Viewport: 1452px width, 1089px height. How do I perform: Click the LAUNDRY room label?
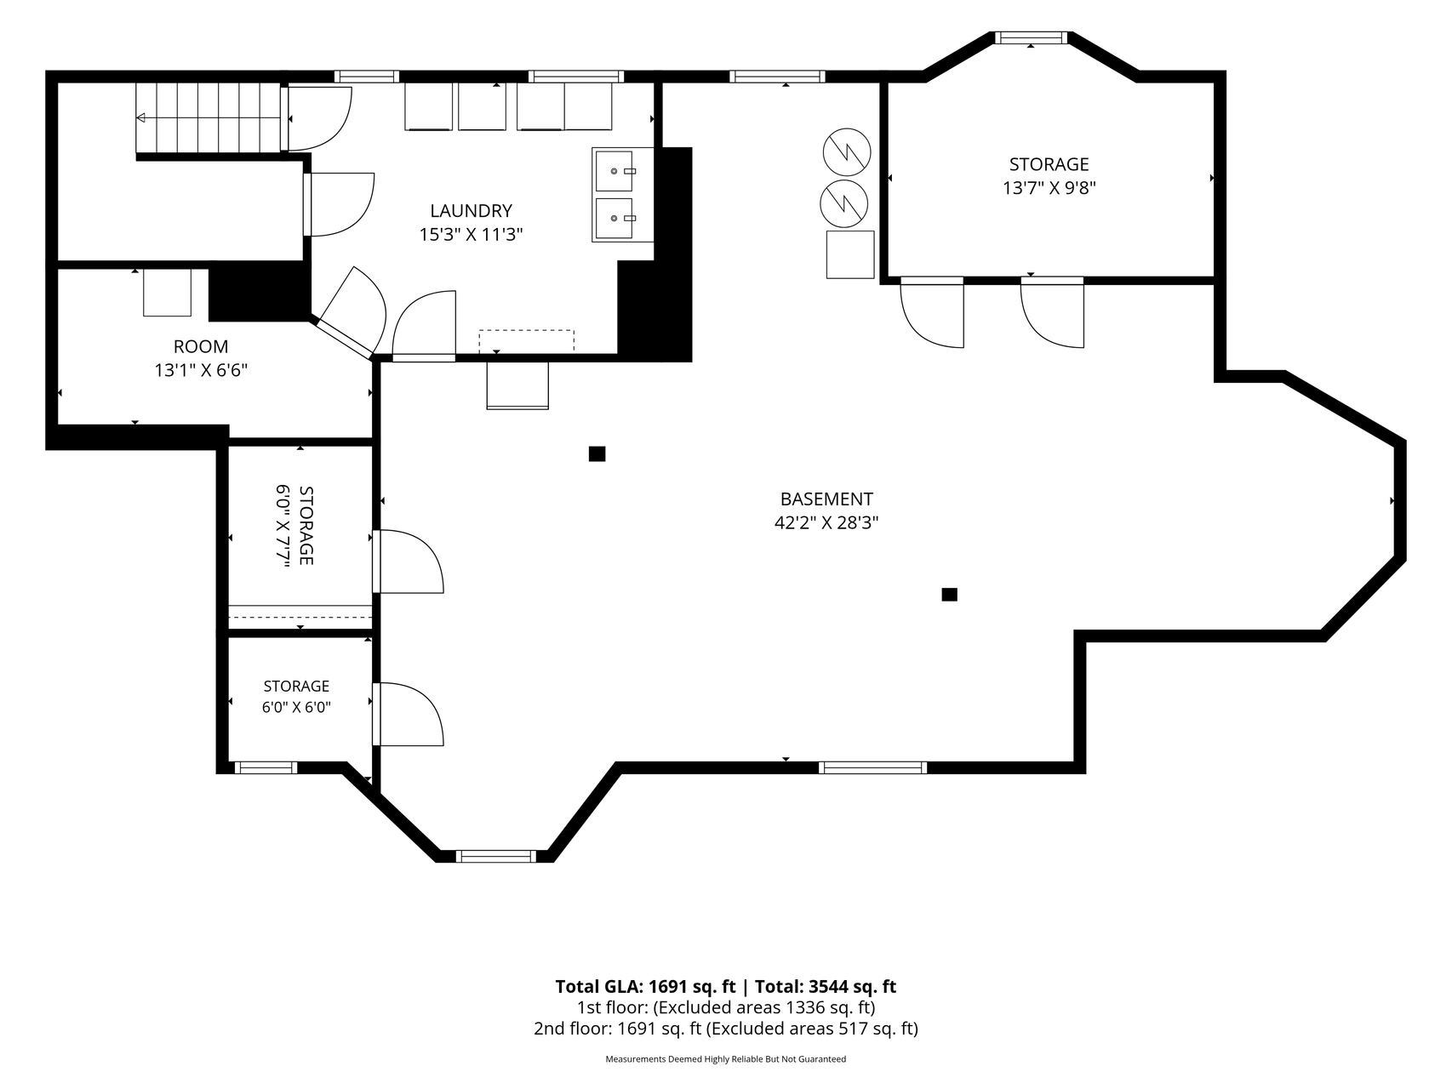471,211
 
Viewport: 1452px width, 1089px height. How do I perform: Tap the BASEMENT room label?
826,499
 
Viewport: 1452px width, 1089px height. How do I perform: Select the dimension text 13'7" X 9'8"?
1049,188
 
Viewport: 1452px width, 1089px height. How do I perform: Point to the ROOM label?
201,346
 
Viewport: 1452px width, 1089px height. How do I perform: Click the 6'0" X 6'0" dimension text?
296,707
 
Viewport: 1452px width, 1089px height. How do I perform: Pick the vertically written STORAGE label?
306,526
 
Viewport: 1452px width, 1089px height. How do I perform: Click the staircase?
209,117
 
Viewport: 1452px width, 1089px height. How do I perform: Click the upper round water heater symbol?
847,152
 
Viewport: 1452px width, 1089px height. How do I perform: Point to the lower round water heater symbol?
843,204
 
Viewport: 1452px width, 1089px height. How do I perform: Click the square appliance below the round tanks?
850,254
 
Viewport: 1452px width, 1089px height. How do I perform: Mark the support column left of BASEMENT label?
597,454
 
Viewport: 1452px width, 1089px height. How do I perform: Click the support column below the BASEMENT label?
949,595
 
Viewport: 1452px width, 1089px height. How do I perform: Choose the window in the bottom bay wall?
496,856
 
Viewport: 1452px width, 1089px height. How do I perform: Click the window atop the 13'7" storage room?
1031,37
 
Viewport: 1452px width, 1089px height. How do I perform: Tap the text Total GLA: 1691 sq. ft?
645,987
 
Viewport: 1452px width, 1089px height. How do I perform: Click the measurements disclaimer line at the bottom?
725,1059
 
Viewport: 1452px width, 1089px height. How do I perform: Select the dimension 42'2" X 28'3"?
826,522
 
